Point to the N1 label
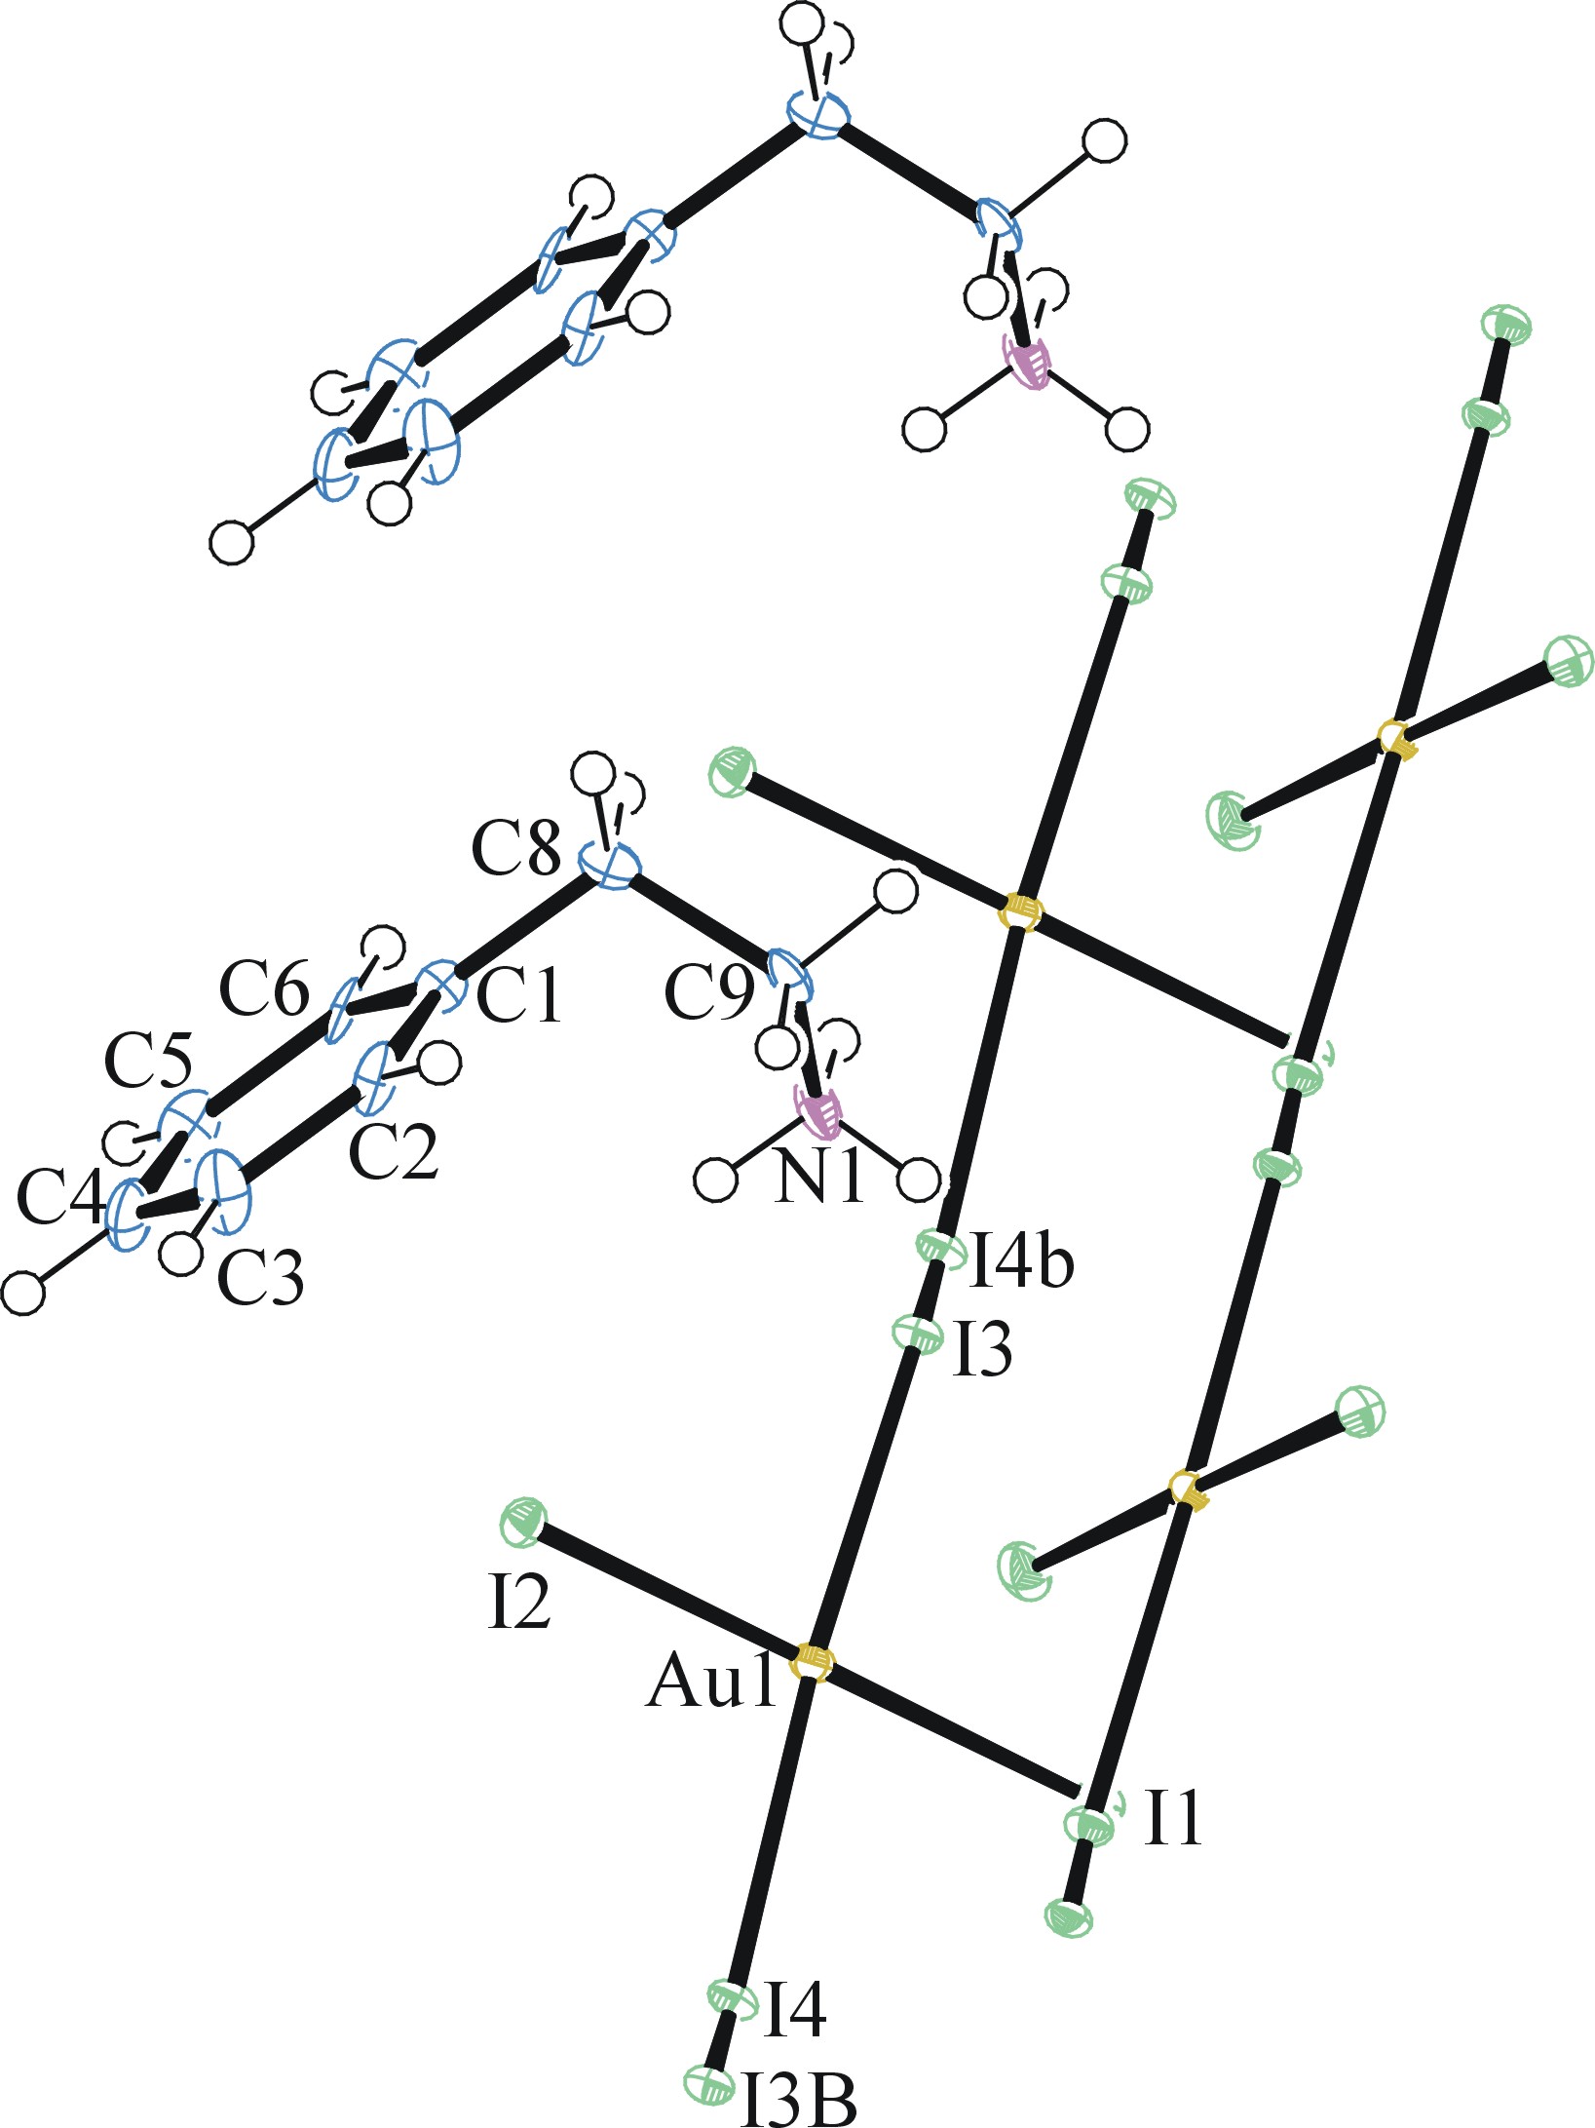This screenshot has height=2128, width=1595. click(x=818, y=1177)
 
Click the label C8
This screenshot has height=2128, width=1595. click(x=515, y=847)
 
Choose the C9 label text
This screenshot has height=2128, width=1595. click(x=708, y=993)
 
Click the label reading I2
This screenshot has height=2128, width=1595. click(x=518, y=1601)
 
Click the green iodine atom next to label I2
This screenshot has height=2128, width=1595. click(x=523, y=1523)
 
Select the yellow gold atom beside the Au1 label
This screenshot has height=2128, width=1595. click(x=813, y=1661)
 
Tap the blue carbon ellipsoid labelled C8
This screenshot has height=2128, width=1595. click(x=610, y=866)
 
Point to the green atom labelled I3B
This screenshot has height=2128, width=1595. click(x=708, y=2083)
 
